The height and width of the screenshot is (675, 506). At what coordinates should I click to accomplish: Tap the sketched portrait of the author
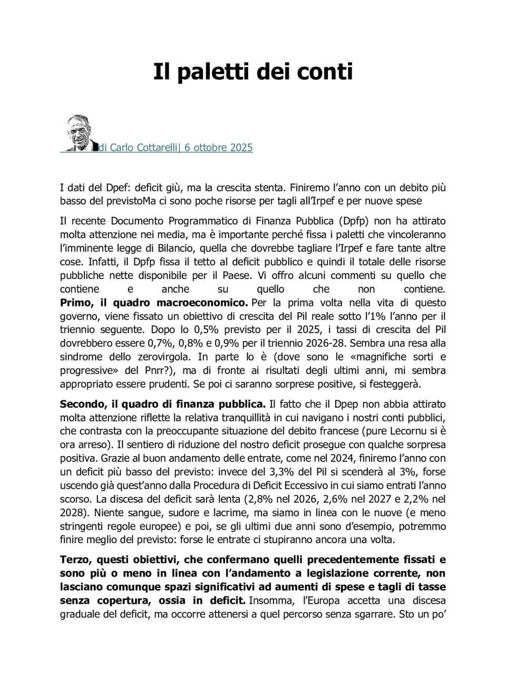click(x=79, y=132)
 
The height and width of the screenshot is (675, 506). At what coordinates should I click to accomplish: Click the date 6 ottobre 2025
click(x=218, y=148)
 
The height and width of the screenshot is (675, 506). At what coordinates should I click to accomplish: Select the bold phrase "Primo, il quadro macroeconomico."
click(x=153, y=303)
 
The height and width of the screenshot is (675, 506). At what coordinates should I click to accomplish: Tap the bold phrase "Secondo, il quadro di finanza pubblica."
click(x=162, y=404)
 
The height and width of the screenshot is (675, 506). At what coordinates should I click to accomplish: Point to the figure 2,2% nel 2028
click(x=417, y=499)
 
